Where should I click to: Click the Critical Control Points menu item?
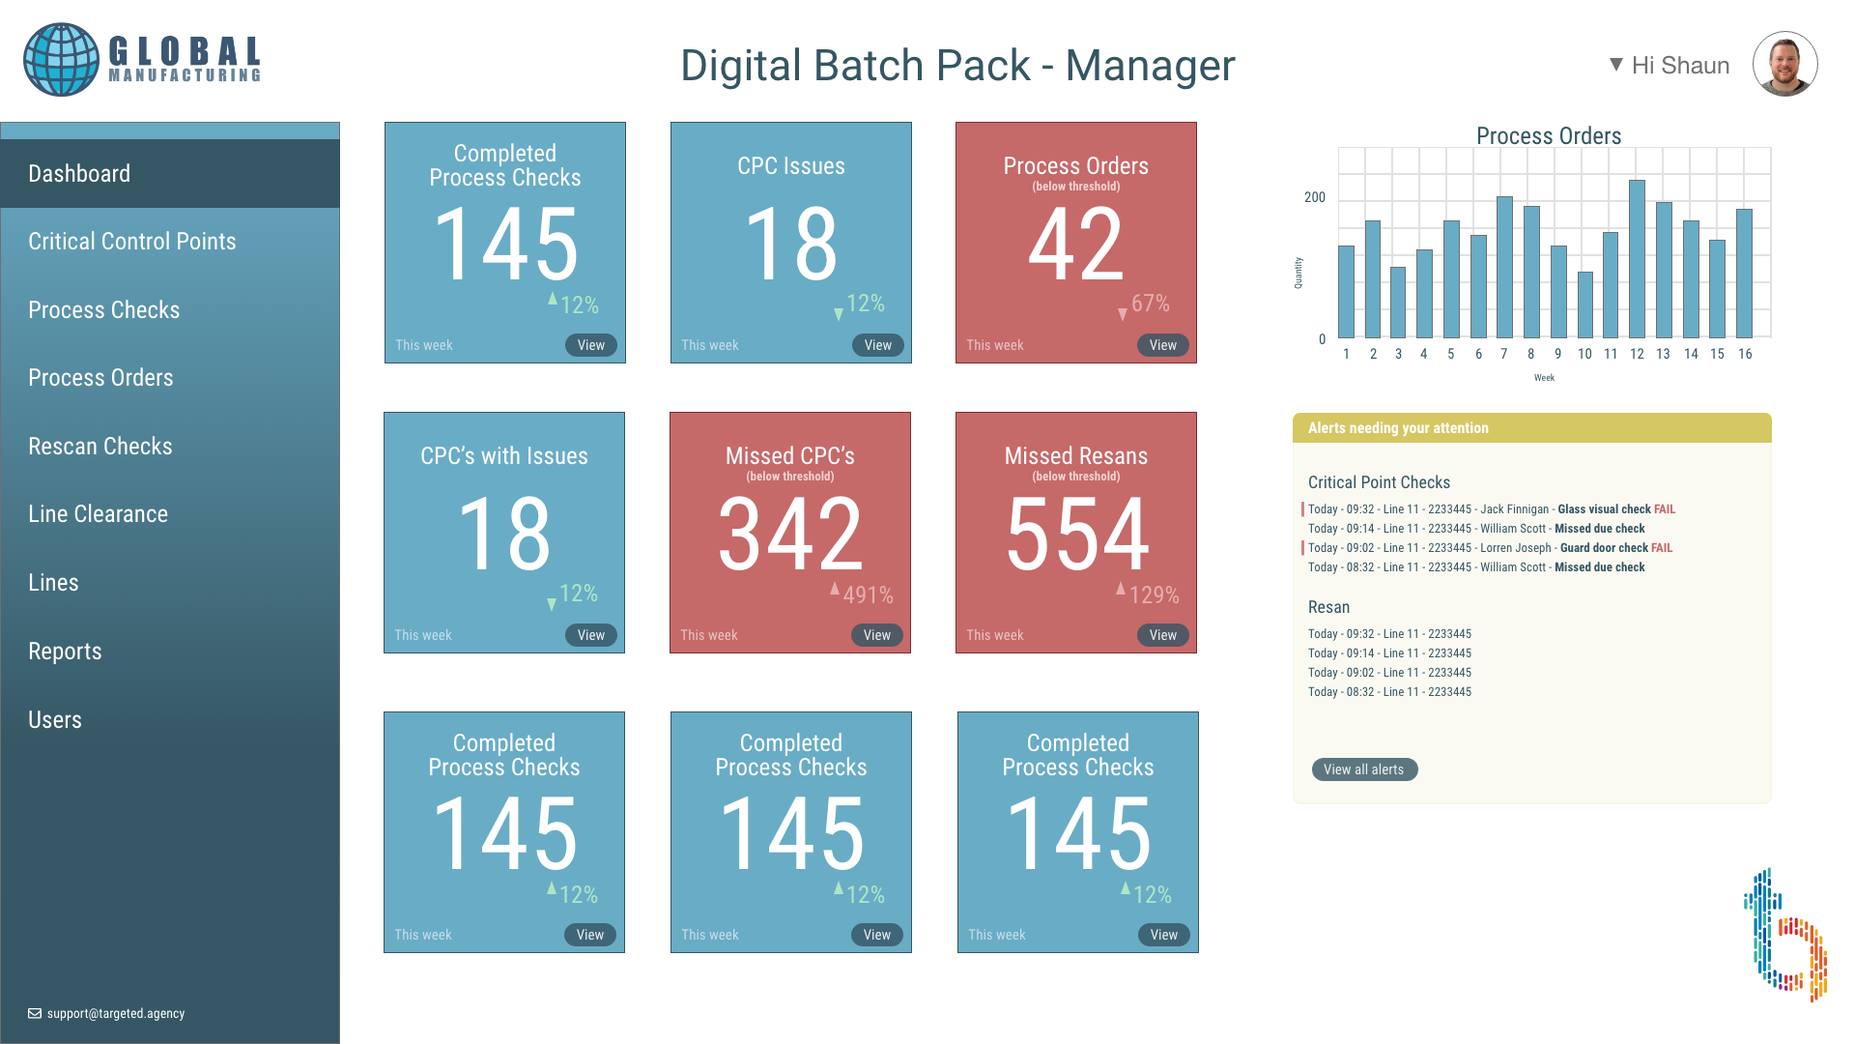tap(131, 242)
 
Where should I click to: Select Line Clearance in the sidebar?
tap(98, 514)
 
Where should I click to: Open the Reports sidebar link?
tap(65, 652)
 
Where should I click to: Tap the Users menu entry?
tap(55, 720)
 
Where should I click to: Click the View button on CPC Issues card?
tap(877, 345)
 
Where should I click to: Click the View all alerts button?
tap(1363, 769)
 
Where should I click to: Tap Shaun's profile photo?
tap(1784, 64)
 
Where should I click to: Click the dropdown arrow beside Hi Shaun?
tap(1615, 65)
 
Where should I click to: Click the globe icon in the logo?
tap(61, 60)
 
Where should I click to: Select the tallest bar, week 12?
tap(1637, 258)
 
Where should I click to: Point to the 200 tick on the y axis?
tap(1315, 197)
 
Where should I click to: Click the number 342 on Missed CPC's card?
tap(790, 534)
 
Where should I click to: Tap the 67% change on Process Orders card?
tap(1150, 304)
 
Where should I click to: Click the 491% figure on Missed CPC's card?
tap(868, 595)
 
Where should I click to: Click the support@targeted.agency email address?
tap(115, 1014)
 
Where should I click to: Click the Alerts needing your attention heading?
tap(1398, 428)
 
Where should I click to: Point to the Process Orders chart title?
tap(1548, 136)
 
